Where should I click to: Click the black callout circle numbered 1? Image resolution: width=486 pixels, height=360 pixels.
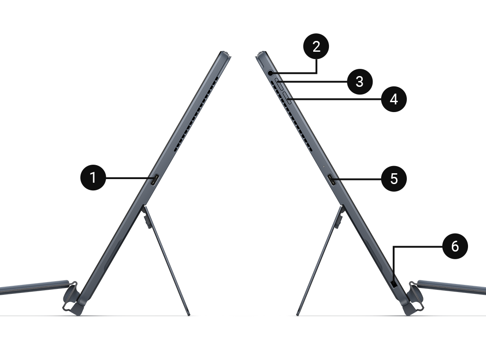click(93, 178)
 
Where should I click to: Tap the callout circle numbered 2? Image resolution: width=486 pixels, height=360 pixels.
click(316, 46)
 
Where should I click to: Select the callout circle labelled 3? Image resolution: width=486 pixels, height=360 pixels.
click(360, 81)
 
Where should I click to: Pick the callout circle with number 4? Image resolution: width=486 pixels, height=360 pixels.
click(394, 99)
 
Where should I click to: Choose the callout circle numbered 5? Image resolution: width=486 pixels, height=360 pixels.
click(394, 179)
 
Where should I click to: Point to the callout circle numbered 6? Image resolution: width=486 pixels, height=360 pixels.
click(454, 246)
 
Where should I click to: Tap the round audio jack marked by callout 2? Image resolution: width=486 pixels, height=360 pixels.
click(270, 73)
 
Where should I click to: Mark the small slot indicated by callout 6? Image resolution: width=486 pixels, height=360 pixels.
click(394, 283)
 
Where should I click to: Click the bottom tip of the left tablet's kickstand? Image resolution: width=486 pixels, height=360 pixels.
click(189, 315)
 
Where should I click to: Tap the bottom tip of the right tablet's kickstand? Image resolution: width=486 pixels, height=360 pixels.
click(297, 315)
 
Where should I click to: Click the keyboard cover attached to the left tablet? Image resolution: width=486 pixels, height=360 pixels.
click(34, 287)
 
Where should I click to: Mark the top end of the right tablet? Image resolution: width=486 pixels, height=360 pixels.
click(261, 54)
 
